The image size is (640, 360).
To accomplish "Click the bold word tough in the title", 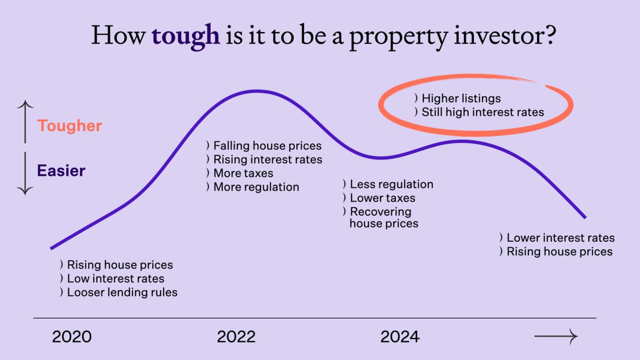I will pos(185,36).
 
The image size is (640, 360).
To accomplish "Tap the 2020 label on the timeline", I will pos(72,337).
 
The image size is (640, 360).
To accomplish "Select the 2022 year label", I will pos(236,337).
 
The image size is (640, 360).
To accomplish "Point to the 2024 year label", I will pos(400,337).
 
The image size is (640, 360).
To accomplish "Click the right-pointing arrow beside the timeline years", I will pos(556,337).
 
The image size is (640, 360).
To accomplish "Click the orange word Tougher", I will pos(69,126).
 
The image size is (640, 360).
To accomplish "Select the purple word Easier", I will pos(61,171).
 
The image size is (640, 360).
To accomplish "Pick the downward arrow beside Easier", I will pos(25,174).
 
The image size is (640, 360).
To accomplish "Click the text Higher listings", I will pos(461,98).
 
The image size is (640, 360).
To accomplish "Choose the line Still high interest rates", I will pos(483,112).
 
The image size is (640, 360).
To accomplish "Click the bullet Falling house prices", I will pos(267,146).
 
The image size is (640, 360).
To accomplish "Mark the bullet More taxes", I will pos(243,173).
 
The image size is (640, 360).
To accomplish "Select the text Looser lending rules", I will pos(122,292).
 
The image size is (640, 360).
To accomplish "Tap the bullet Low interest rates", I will pos(115,279).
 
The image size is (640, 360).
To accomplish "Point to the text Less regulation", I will pos(391,185).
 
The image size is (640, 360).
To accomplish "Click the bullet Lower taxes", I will pos(382,198).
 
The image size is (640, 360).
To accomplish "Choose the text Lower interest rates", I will pos(560,238).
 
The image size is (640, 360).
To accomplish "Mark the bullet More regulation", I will pos(256,187).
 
